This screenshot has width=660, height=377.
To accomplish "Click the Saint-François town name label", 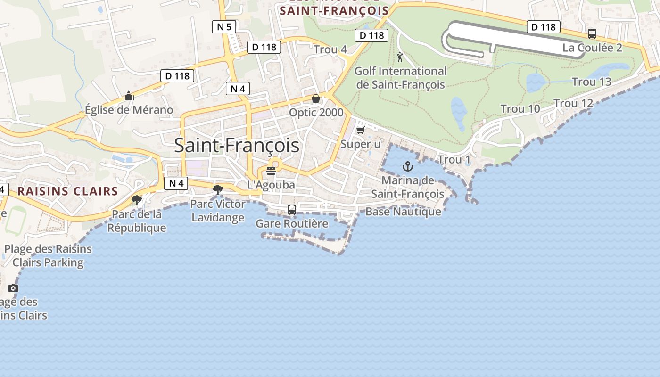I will coord(237,145).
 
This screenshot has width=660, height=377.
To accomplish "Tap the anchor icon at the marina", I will coord(407,166).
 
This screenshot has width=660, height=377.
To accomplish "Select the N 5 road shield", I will coord(224,27).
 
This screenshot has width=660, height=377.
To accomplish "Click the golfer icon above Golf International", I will coord(400,57).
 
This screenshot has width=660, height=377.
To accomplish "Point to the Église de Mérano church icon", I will coord(129,96).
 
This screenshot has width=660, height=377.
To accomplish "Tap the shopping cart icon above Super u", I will coord(361,130).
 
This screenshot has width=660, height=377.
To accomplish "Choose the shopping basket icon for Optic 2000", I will coord(316,98).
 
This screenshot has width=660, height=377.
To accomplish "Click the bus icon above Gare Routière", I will coord(292,210).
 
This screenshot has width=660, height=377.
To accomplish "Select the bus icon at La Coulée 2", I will coord(592,34).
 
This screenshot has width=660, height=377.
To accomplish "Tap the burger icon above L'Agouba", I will coord(271,171).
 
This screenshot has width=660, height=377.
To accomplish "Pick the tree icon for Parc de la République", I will coord(137,200).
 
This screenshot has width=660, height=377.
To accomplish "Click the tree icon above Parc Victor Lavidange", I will coord(217,190).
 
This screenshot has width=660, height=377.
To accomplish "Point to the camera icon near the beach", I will coord(13,288).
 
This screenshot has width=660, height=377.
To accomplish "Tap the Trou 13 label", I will coord(591,82).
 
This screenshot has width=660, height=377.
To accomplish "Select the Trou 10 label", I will coord(520,109).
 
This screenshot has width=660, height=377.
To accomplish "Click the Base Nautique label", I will coord(403,212).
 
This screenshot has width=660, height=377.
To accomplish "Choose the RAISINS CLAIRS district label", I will coord(68,191).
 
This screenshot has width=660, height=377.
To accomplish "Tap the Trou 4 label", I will coord(330,49).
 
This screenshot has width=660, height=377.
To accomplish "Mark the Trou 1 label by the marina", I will coord(454,160).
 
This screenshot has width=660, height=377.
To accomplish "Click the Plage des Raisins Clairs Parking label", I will coord(48,256).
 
